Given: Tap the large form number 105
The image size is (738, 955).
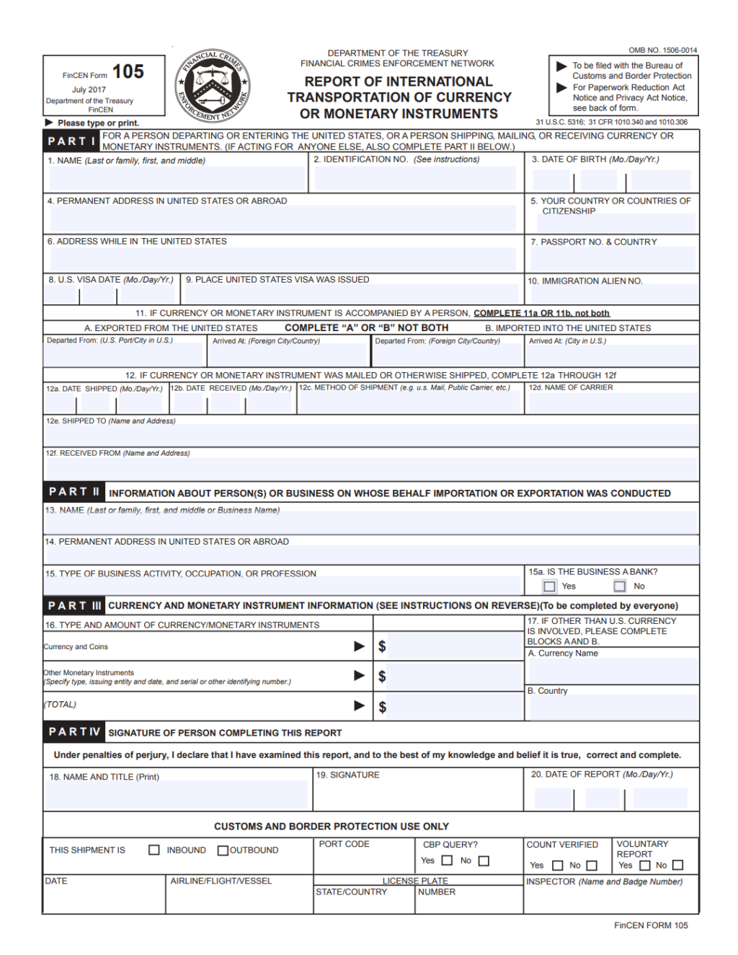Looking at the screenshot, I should click(x=128, y=71).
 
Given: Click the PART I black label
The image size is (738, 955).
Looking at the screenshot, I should click(x=71, y=141).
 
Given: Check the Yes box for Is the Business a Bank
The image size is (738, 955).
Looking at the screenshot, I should click(x=550, y=586).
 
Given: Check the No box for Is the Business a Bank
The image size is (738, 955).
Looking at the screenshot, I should click(x=620, y=586).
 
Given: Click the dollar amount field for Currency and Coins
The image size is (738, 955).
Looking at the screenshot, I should click(x=454, y=646).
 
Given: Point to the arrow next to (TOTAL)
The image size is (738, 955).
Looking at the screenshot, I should click(x=359, y=705).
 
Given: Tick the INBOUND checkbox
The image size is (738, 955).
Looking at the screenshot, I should click(x=154, y=850).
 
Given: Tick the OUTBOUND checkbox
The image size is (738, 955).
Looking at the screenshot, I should click(x=223, y=850).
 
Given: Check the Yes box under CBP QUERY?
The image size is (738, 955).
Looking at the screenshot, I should click(x=447, y=861).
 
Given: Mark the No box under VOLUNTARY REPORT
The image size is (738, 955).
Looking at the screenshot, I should click(x=677, y=865).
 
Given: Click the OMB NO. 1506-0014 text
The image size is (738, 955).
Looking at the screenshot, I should click(x=662, y=50).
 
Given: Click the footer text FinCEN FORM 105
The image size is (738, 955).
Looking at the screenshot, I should click(x=651, y=925).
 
